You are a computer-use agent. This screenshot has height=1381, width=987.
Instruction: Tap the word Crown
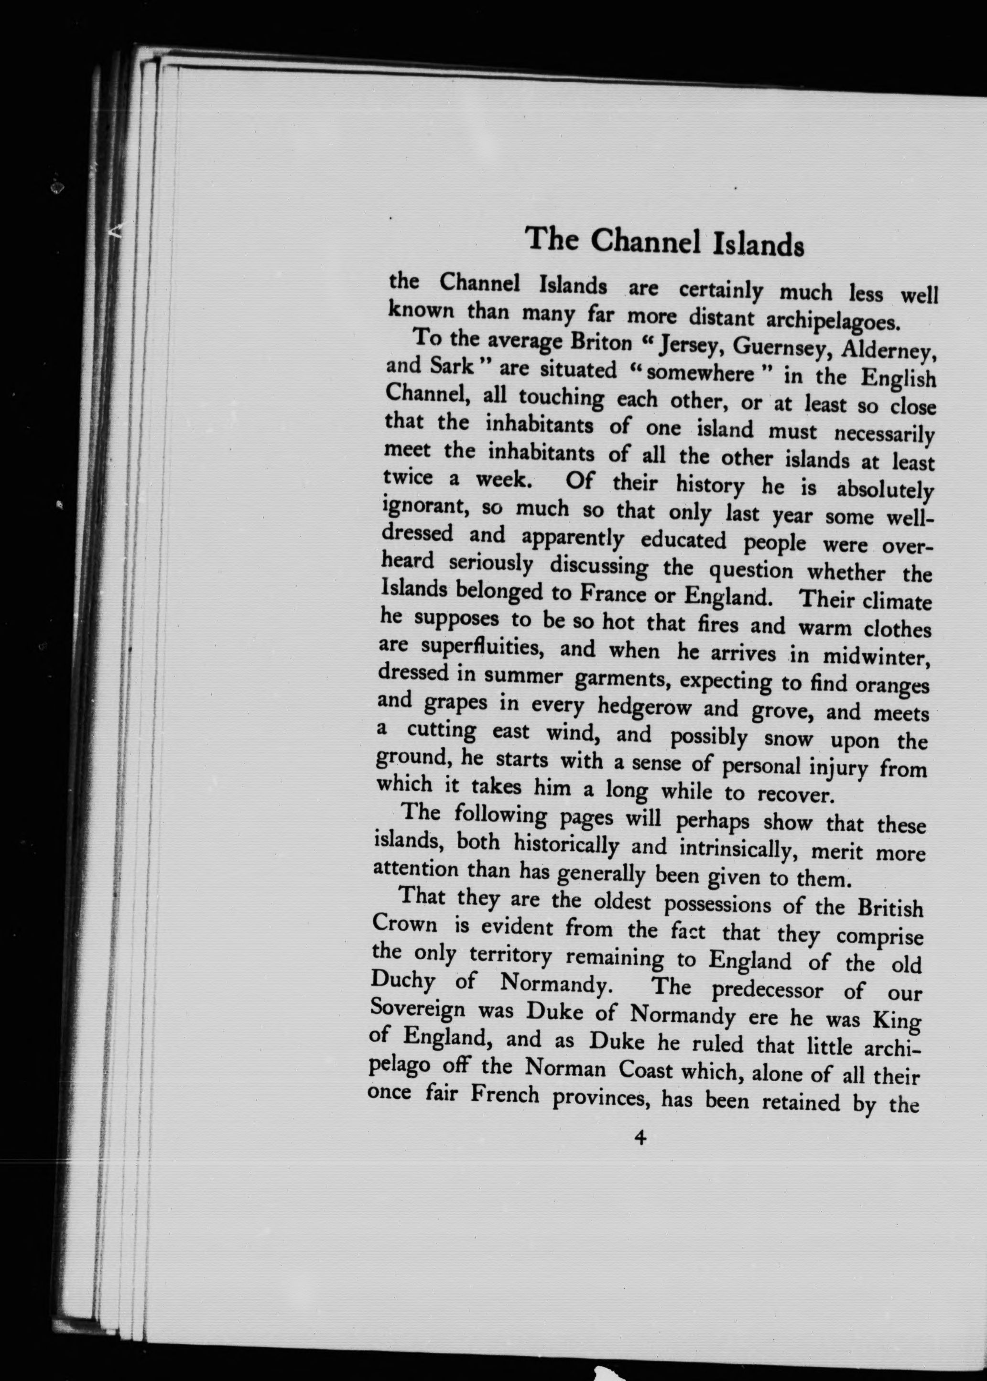(x=404, y=925)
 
